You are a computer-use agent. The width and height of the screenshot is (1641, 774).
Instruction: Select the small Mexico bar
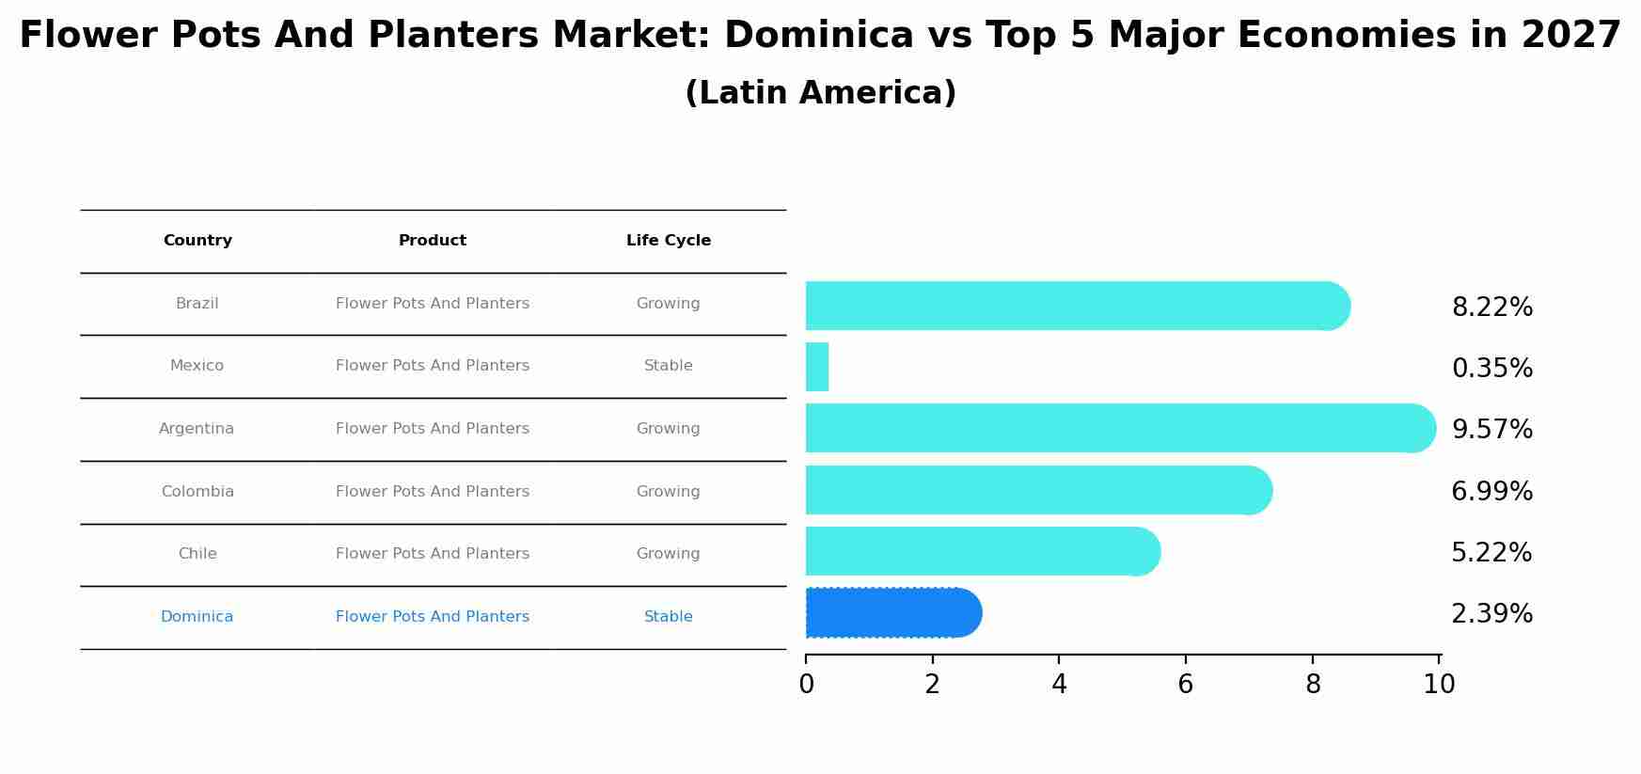tap(817, 367)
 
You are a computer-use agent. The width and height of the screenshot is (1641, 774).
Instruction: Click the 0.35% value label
tap(1491, 369)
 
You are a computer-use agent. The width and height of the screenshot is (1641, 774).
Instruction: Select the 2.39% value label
tap(1491, 614)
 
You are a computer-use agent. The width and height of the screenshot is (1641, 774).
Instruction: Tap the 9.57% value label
tap(1491, 430)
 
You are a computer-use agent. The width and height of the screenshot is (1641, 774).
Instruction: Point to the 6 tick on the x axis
tap(1185, 685)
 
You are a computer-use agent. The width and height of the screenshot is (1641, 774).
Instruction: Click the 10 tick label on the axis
tap(1439, 685)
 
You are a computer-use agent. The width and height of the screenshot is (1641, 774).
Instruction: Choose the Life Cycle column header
tap(669, 241)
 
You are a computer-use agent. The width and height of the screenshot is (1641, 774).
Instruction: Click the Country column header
tap(197, 241)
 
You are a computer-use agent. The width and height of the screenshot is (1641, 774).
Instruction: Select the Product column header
tap(433, 241)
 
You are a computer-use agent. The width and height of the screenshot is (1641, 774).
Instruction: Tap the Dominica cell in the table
tap(197, 617)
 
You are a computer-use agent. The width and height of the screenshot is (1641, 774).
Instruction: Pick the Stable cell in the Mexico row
tap(669, 366)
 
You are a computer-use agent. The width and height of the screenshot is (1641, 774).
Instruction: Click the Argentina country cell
tap(197, 429)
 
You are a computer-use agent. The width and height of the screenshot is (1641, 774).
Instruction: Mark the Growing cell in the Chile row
tap(669, 554)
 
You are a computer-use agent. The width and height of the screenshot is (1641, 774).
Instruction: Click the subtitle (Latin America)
tap(820, 93)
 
